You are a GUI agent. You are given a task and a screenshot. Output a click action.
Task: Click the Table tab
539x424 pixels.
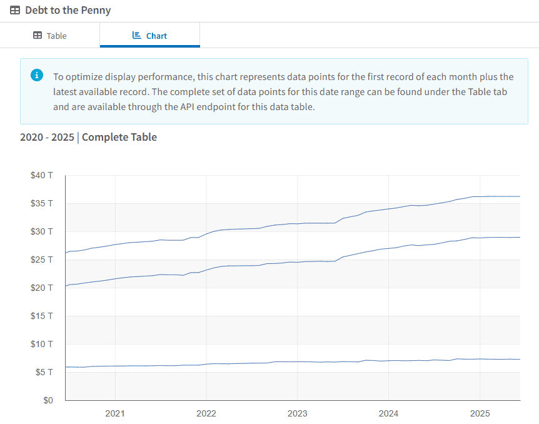50,36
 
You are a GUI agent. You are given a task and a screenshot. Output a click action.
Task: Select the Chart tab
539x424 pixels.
150,36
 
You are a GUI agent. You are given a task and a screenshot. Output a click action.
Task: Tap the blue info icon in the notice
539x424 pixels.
37,76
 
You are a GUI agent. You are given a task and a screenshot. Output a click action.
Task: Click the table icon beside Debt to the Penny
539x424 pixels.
15,11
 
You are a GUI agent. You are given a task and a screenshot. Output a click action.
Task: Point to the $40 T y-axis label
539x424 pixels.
42,175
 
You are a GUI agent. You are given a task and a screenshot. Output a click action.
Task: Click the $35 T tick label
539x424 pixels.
42,203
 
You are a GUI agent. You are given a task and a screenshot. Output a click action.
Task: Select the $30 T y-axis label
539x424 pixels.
42,231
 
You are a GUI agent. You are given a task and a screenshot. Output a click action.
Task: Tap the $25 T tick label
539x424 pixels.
42,260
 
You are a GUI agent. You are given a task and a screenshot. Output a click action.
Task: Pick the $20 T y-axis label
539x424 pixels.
42,288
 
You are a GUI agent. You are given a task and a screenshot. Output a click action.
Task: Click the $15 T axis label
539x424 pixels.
42,316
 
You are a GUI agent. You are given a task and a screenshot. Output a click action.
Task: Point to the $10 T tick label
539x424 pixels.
42,344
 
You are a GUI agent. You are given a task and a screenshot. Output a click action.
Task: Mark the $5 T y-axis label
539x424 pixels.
44,372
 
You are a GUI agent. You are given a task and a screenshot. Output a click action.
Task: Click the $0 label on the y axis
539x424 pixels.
46,400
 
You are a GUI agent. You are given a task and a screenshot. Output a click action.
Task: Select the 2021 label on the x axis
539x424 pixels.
115,413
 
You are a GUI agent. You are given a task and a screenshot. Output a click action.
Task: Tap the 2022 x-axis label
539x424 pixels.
206,413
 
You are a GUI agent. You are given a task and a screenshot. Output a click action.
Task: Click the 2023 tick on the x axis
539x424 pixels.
297,413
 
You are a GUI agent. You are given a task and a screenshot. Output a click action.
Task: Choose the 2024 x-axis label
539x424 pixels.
388,413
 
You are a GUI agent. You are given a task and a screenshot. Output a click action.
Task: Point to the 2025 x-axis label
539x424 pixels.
480,413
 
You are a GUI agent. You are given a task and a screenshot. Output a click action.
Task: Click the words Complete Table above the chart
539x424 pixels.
119,137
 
